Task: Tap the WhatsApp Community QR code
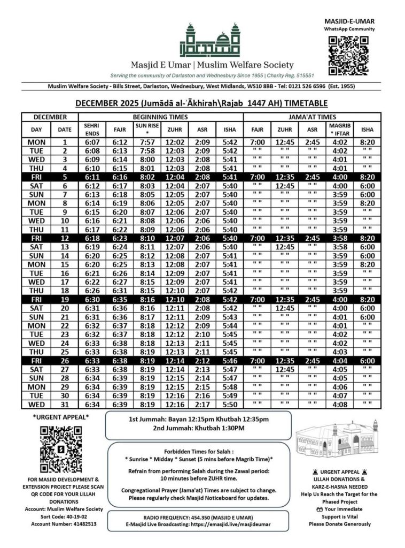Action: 349,55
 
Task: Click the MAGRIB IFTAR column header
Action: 338,129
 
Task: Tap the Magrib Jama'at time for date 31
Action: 338,404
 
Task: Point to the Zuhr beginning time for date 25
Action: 174,352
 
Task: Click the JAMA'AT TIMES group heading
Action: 312,116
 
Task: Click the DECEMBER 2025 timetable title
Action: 201,104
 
